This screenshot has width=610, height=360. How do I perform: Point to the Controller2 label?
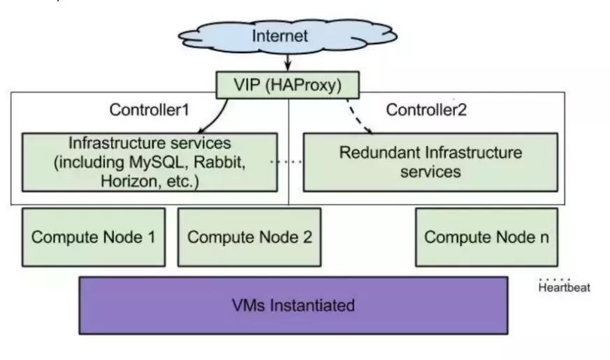click(x=426, y=110)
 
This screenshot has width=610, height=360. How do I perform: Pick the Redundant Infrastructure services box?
click(x=430, y=161)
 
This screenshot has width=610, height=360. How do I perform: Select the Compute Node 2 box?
click(x=249, y=237)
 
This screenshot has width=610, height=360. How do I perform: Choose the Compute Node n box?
click(x=486, y=237)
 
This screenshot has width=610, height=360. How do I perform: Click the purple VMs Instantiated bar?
click(x=293, y=305)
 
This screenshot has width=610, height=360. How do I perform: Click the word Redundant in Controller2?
click(x=373, y=152)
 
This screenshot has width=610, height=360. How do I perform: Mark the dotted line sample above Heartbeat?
click(x=555, y=278)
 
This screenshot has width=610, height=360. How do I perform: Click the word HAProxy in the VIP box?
click(x=305, y=85)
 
